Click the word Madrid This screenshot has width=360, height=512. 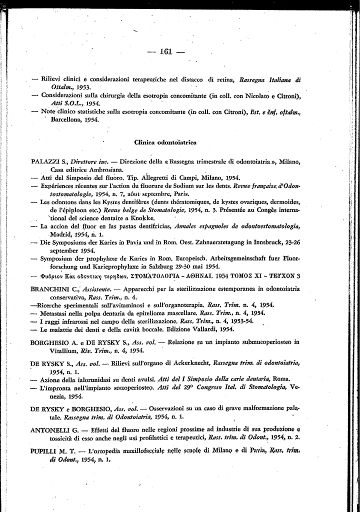pos(61,234)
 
